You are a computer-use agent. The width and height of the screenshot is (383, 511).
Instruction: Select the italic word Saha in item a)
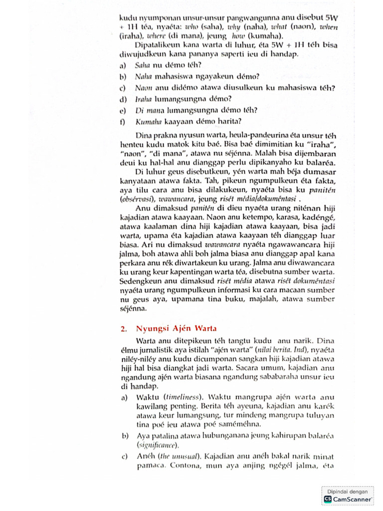pyautogui.click(x=142, y=65)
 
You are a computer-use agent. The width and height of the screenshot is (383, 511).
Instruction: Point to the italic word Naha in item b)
pyautogui.click(x=143, y=77)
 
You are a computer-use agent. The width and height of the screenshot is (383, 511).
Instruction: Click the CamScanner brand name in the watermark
pyautogui.click(x=352, y=499)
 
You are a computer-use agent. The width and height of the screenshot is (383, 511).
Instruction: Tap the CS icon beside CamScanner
pyautogui.click(x=328, y=499)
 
